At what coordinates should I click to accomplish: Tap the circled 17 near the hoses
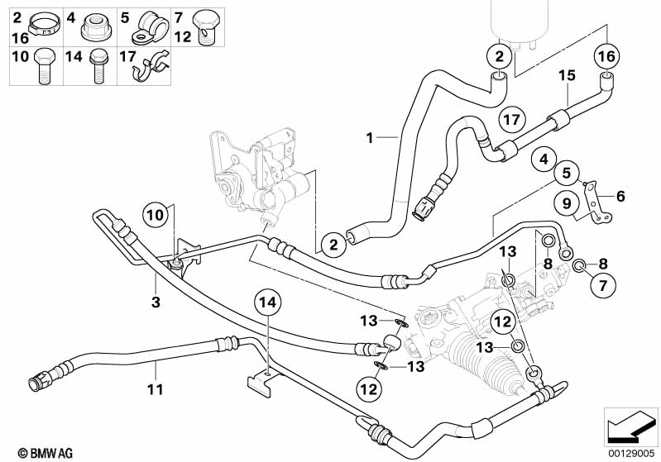pyautogui.click(x=513, y=119)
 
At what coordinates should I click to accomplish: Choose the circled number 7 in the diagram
pyautogui.click(x=602, y=286)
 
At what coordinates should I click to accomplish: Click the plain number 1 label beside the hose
pyautogui.click(x=370, y=138)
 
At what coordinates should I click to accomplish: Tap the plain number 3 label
pyautogui.click(x=155, y=302)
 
